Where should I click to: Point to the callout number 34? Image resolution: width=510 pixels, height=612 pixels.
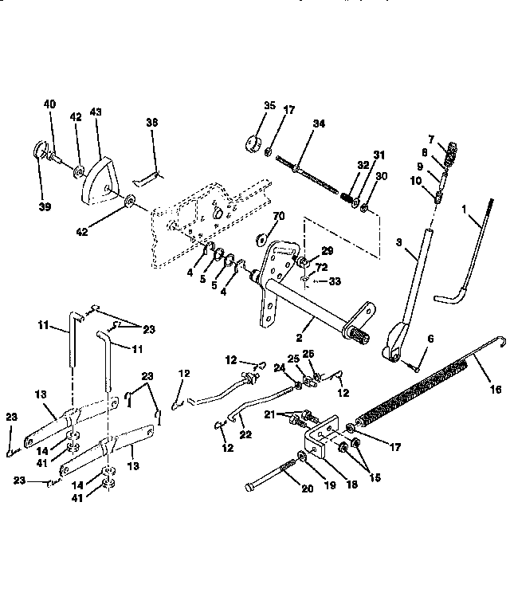click(319, 124)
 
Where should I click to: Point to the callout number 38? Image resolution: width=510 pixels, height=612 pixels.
click(152, 123)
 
